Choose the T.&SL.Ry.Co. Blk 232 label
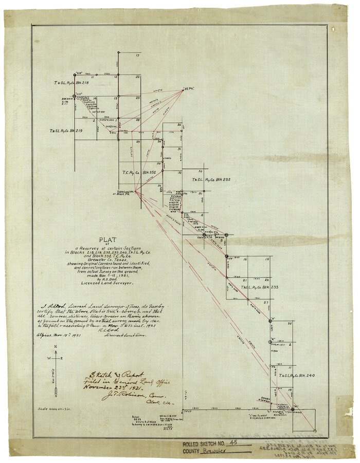(211, 180)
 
